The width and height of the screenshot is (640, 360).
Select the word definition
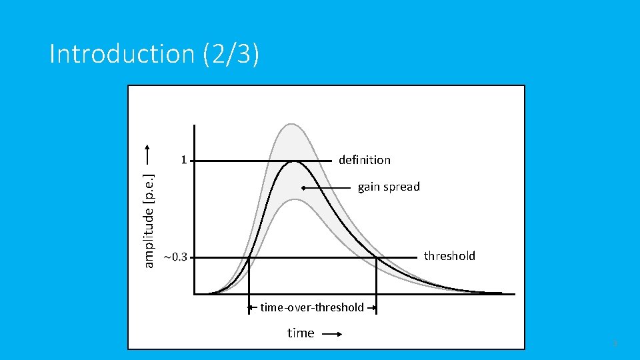364,160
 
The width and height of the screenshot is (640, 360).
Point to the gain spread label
389,187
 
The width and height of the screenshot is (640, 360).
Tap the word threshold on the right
449,256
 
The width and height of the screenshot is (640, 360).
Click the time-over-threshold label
312,307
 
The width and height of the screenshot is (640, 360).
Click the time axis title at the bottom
301,333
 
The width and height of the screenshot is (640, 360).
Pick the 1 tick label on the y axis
183,160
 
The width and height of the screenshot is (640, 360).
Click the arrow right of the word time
331,333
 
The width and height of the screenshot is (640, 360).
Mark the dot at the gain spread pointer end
303,189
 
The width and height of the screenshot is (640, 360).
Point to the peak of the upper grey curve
290,124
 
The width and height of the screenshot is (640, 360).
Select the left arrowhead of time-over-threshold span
251,307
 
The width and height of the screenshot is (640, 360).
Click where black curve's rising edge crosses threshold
249,257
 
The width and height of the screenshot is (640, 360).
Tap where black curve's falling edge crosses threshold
376,257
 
